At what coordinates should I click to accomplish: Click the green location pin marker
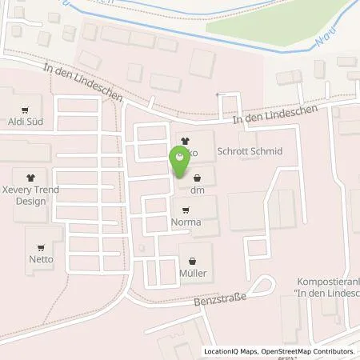coord(180,162)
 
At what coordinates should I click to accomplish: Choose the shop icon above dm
coord(197,177)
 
